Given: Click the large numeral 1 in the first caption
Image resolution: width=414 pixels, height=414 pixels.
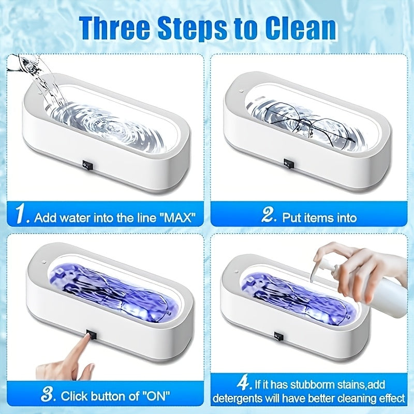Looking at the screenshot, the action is pyautogui.click(x=21, y=214).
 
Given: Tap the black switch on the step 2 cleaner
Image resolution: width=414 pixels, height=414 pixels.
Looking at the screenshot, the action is pyautogui.click(x=289, y=164).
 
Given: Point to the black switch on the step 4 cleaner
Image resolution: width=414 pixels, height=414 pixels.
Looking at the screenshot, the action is pyautogui.click(x=278, y=336).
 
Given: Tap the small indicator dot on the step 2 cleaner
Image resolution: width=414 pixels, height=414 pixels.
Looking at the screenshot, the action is pyautogui.click(x=241, y=91).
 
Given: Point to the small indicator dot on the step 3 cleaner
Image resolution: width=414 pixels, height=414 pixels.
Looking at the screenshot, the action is pyautogui.click(x=44, y=262).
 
